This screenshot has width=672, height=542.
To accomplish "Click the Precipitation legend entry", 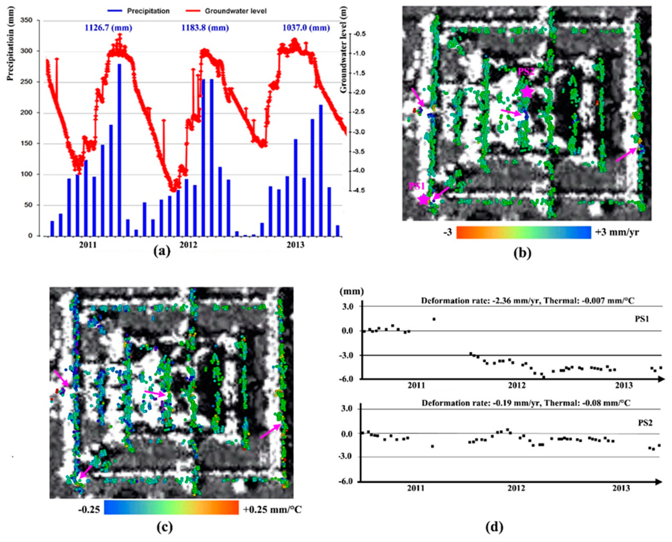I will click(x=148, y=11).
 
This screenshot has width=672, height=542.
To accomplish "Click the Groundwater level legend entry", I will click(x=235, y=11).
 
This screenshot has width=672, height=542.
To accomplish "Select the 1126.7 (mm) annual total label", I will click(x=108, y=28).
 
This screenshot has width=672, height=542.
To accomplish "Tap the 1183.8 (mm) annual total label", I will click(x=205, y=28).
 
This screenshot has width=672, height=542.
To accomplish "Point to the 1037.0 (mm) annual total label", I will click(x=306, y=28).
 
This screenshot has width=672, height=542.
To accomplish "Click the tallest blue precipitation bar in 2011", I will click(x=119, y=150).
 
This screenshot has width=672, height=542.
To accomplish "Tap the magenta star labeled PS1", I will click(x=423, y=199).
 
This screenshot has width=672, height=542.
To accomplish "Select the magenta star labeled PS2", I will click(x=527, y=92).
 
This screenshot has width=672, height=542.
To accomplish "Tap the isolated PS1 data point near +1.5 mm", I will click(x=434, y=319).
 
